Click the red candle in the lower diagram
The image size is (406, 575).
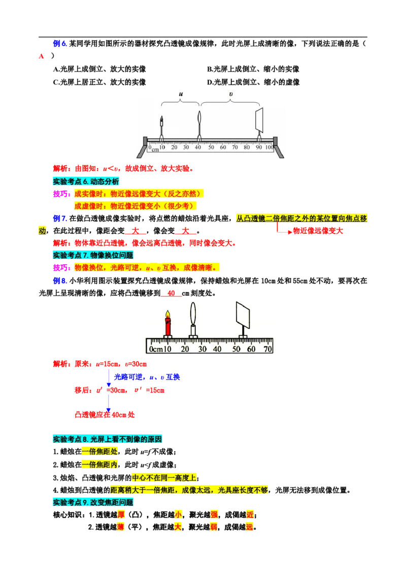(x=168, y=324)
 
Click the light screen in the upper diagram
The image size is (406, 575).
(x=259, y=119)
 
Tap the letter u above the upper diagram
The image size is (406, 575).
(x=181, y=94)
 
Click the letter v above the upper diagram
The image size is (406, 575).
(x=231, y=94)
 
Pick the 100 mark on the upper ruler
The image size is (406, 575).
(x=269, y=147)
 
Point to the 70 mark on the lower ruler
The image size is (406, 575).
(x=268, y=349)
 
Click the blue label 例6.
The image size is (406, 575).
(x=60, y=44)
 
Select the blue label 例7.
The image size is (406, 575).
(x=60, y=218)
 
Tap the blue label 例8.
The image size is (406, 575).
(x=60, y=281)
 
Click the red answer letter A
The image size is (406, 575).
(x=42, y=56)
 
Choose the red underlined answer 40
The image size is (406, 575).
(x=171, y=294)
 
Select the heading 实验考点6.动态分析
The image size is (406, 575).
(x=86, y=181)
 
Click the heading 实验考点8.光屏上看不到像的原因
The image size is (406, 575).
(x=108, y=439)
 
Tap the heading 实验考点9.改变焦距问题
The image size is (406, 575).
(x=93, y=502)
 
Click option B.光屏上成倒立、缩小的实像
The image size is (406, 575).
(x=253, y=69)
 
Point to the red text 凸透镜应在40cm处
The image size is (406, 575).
(x=105, y=415)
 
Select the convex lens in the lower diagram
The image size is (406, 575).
(x=193, y=314)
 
